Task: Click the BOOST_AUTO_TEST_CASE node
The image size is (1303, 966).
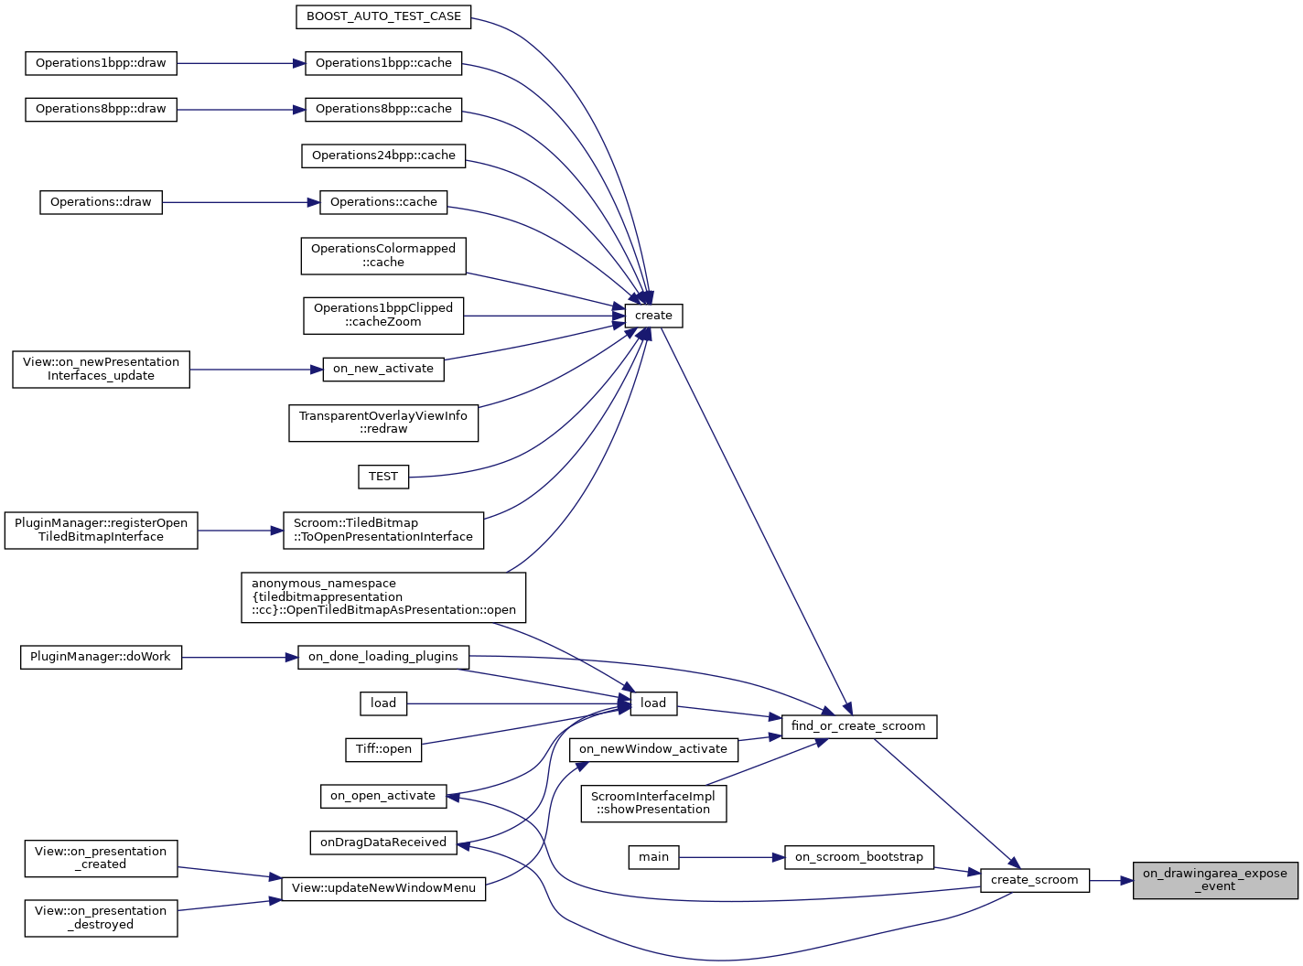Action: click(x=383, y=16)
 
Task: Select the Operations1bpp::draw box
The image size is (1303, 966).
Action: click(x=101, y=63)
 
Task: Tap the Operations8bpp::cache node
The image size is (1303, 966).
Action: click(x=383, y=109)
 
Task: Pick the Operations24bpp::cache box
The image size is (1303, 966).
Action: click(x=383, y=156)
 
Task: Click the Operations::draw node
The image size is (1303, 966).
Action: click(x=101, y=202)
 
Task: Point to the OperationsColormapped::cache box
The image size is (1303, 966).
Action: click(x=383, y=255)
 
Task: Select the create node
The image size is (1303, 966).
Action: click(x=653, y=316)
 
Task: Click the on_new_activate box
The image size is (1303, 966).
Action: click(x=383, y=369)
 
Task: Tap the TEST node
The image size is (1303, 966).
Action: click(x=383, y=477)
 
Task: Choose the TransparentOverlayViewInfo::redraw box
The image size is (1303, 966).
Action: click(x=383, y=423)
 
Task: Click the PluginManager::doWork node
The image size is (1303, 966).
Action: click(x=101, y=657)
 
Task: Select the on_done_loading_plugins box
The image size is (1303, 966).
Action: click(x=383, y=657)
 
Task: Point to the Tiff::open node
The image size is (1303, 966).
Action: click(x=383, y=749)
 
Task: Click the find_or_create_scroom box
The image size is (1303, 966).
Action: click(x=858, y=726)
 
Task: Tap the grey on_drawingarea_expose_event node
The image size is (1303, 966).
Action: click(x=1215, y=880)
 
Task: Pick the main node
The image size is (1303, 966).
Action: click(x=653, y=857)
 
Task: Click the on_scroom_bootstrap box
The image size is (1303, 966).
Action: click(x=859, y=857)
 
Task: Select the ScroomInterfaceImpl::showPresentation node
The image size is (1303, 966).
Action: click(x=653, y=803)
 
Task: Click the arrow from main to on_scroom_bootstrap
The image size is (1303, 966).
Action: click(x=732, y=857)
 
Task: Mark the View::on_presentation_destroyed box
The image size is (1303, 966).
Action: click(x=101, y=918)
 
